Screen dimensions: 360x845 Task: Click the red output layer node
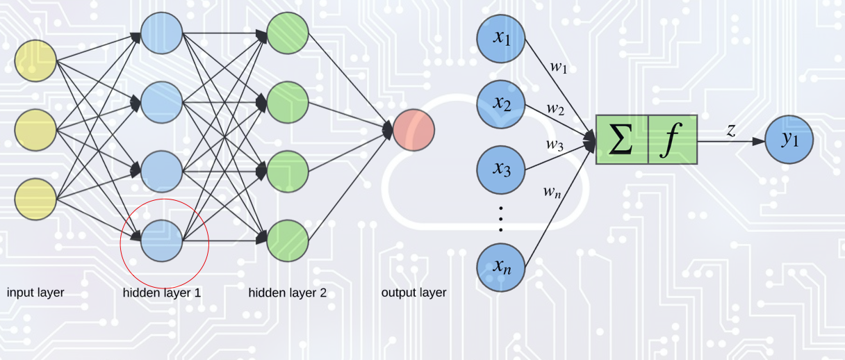[413, 130]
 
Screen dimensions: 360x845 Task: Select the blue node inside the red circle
[161, 240]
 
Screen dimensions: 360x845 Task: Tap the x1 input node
[501, 38]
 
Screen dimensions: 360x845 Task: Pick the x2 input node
[501, 104]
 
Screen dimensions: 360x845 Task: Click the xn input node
[501, 266]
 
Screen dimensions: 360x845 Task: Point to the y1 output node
[789, 140]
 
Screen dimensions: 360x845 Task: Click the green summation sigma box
[621, 139]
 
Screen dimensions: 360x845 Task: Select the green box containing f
[672, 139]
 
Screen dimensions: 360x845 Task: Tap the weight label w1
[559, 68]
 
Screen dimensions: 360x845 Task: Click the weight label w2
[555, 109]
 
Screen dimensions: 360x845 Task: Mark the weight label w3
[554, 145]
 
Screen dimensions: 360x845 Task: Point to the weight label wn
[552, 191]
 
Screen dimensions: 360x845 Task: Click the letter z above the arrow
[731, 129]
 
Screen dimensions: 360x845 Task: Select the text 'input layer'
[35, 293]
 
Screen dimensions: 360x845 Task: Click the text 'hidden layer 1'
[162, 293]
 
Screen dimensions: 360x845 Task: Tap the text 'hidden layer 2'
[287, 293]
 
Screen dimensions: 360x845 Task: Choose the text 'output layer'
[413, 293]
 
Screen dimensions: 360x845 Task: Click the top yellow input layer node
[35, 61]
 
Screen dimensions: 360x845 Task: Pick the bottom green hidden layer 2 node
[288, 240]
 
